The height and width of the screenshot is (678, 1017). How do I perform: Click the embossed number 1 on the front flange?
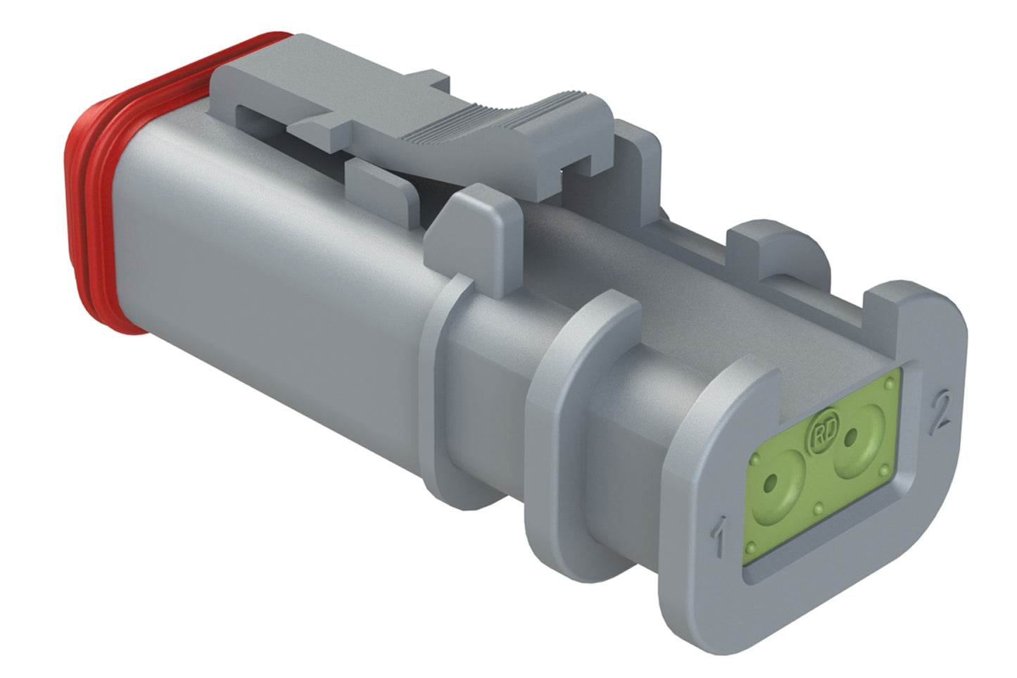pyautogui.click(x=719, y=536)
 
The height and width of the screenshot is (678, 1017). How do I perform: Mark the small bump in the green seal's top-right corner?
pyautogui.click(x=891, y=384)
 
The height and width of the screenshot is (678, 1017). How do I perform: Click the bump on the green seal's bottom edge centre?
pyautogui.click(x=819, y=507)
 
